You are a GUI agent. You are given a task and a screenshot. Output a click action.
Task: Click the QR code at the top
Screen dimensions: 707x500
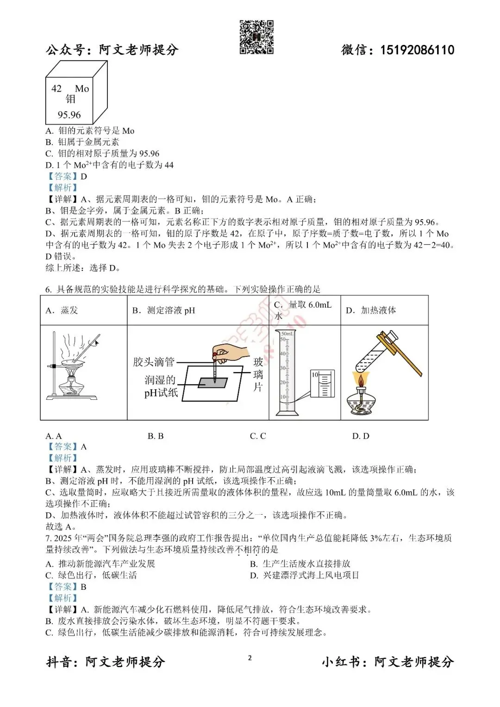tap(256, 37)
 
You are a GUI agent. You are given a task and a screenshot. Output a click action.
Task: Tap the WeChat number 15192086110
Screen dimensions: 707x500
tap(417, 50)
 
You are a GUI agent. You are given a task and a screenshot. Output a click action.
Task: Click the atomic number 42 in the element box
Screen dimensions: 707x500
tap(56, 88)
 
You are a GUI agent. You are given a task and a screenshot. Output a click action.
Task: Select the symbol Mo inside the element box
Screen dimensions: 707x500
tap(82, 88)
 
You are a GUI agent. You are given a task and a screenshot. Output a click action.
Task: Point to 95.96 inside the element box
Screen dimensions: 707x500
tap(69, 114)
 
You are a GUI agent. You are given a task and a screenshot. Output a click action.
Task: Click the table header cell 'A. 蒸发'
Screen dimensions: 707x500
tap(62, 310)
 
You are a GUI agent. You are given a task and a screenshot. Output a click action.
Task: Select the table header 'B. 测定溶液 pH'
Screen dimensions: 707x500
tap(164, 310)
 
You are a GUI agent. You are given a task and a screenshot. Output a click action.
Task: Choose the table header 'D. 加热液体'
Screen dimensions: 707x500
tap(371, 310)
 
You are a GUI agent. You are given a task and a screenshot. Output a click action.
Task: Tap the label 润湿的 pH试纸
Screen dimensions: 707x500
tap(161, 386)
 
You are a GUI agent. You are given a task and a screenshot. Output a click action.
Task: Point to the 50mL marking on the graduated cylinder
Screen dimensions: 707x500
tap(287, 334)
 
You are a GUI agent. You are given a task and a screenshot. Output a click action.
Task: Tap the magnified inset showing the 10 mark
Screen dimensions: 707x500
tap(322, 384)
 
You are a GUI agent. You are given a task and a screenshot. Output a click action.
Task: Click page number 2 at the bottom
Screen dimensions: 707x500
tap(250, 658)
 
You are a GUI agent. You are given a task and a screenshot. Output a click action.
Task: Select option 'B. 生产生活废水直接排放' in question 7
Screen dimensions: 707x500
tap(300, 564)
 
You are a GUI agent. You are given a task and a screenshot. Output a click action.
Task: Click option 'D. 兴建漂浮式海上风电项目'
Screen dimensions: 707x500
tap(305, 575)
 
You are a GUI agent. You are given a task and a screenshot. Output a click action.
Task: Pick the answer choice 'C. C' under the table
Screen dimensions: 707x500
tap(258, 436)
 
